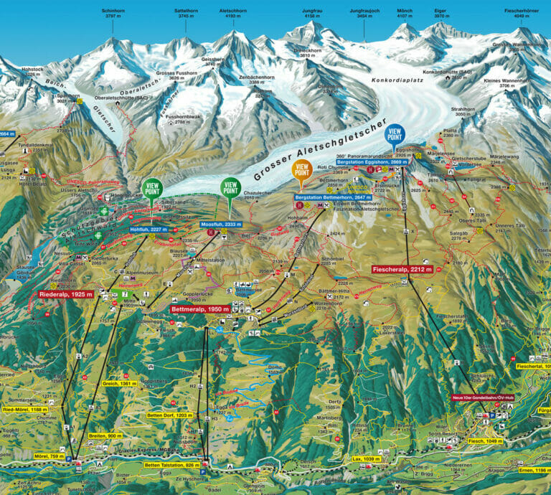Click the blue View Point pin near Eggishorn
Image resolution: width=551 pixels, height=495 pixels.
pos(394,133)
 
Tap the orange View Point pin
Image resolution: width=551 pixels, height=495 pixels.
pos(301,171)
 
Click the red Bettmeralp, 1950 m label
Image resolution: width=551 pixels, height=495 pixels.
pos(200,309)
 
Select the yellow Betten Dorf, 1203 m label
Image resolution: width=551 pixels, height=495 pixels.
pos(170,415)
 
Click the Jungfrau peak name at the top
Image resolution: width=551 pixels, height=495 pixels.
pos(313,12)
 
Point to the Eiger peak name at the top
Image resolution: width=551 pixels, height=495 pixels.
pos(440,12)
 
